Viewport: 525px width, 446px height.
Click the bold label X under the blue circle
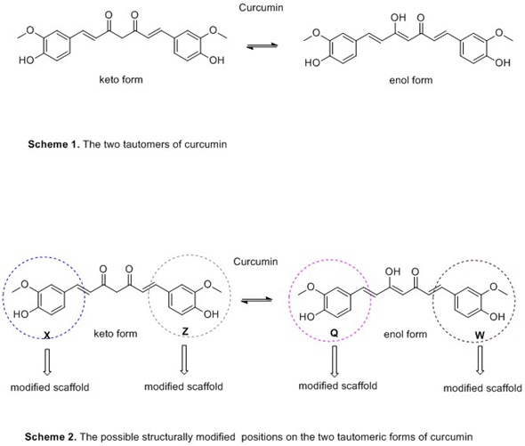pyautogui.click(x=47, y=335)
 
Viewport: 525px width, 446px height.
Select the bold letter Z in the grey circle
pyautogui.click(x=185, y=331)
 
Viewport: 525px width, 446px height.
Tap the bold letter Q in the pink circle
pyautogui.click(x=335, y=333)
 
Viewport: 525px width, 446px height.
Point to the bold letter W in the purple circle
pyautogui.click(x=480, y=335)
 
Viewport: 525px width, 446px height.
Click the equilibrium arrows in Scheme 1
pyautogui.click(x=262, y=46)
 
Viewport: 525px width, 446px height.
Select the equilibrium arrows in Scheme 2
pyautogui.click(x=257, y=300)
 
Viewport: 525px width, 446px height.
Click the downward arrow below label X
pyautogui.click(x=47, y=361)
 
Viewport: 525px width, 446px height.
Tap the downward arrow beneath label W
pyautogui.click(x=481, y=361)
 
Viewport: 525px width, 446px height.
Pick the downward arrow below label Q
pyautogui.click(x=335, y=361)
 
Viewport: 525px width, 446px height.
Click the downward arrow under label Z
pyautogui.click(x=184, y=360)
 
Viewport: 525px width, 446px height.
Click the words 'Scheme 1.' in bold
pyautogui.click(x=54, y=144)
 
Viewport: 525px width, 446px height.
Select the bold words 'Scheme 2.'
pyautogui.click(x=51, y=436)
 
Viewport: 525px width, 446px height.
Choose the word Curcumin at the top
pyautogui.click(x=261, y=7)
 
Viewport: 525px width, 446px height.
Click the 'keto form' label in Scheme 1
pyautogui.click(x=121, y=79)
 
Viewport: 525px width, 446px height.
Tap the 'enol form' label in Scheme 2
pyautogui.click(x=406, y=334)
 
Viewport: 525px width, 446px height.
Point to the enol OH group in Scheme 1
pyautogui.click(x=399, y=18)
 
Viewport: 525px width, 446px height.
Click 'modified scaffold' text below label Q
pyautogui.click(x=338, y=385)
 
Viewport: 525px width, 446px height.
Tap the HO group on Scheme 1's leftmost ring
pyautogui.click(x=27, y=60)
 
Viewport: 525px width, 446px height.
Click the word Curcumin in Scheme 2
pyautogui.click(x=255, y=262)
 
